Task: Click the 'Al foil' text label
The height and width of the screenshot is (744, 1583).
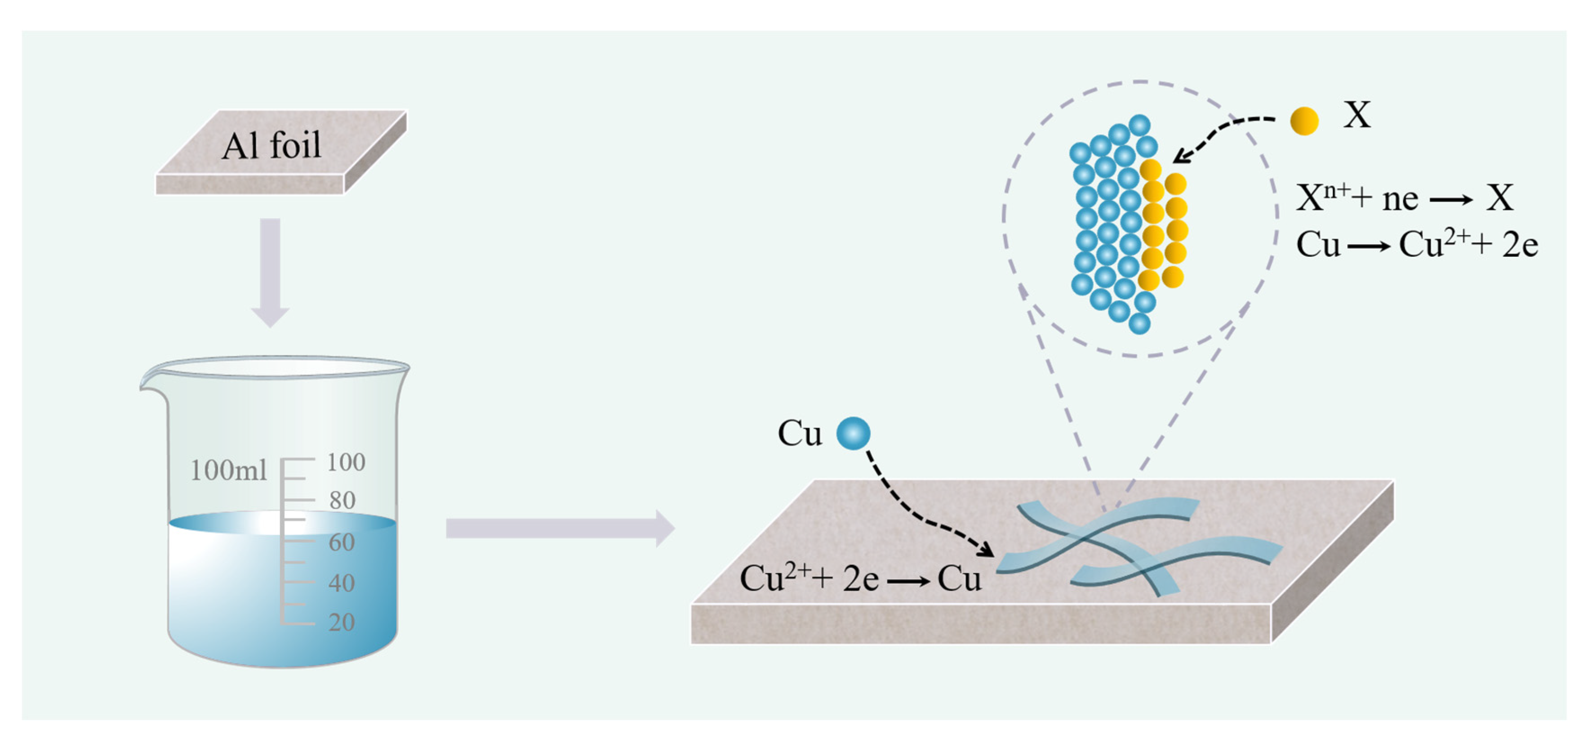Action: pyautogui.click(x=271, y=146)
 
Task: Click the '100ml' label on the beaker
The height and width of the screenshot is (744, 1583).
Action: pyautogui.click(x=229, y=471)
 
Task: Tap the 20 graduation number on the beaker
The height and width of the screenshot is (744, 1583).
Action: pyautogui.click(x=342, y=622)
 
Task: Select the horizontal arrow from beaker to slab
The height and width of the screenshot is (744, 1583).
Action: pyautogui.click(x=559, y=528)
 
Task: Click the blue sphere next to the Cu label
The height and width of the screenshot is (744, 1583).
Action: pyautogui.click(x=854, y=434)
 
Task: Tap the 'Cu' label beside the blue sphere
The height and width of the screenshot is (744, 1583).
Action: pyautogui.click(x=800, y=434)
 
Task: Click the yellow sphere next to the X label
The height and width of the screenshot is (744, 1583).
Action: pyautogui.click(x=1304, y=121)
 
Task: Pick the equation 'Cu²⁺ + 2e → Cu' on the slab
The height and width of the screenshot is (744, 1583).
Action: pyautogui.click(x=860, y=578)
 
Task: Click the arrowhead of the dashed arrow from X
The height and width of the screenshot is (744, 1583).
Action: pyautogui.click(x=1180, y=157)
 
